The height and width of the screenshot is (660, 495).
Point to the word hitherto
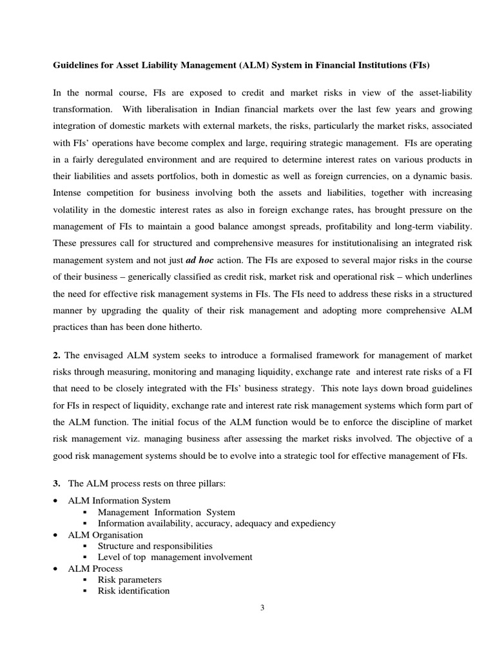182,327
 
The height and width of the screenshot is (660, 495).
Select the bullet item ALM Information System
119,500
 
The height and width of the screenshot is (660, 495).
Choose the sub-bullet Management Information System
166,512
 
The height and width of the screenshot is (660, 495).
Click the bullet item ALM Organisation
106,534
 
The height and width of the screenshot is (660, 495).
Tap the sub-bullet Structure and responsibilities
155,546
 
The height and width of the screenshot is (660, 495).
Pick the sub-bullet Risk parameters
130,579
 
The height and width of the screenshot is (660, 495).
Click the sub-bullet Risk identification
133,590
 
